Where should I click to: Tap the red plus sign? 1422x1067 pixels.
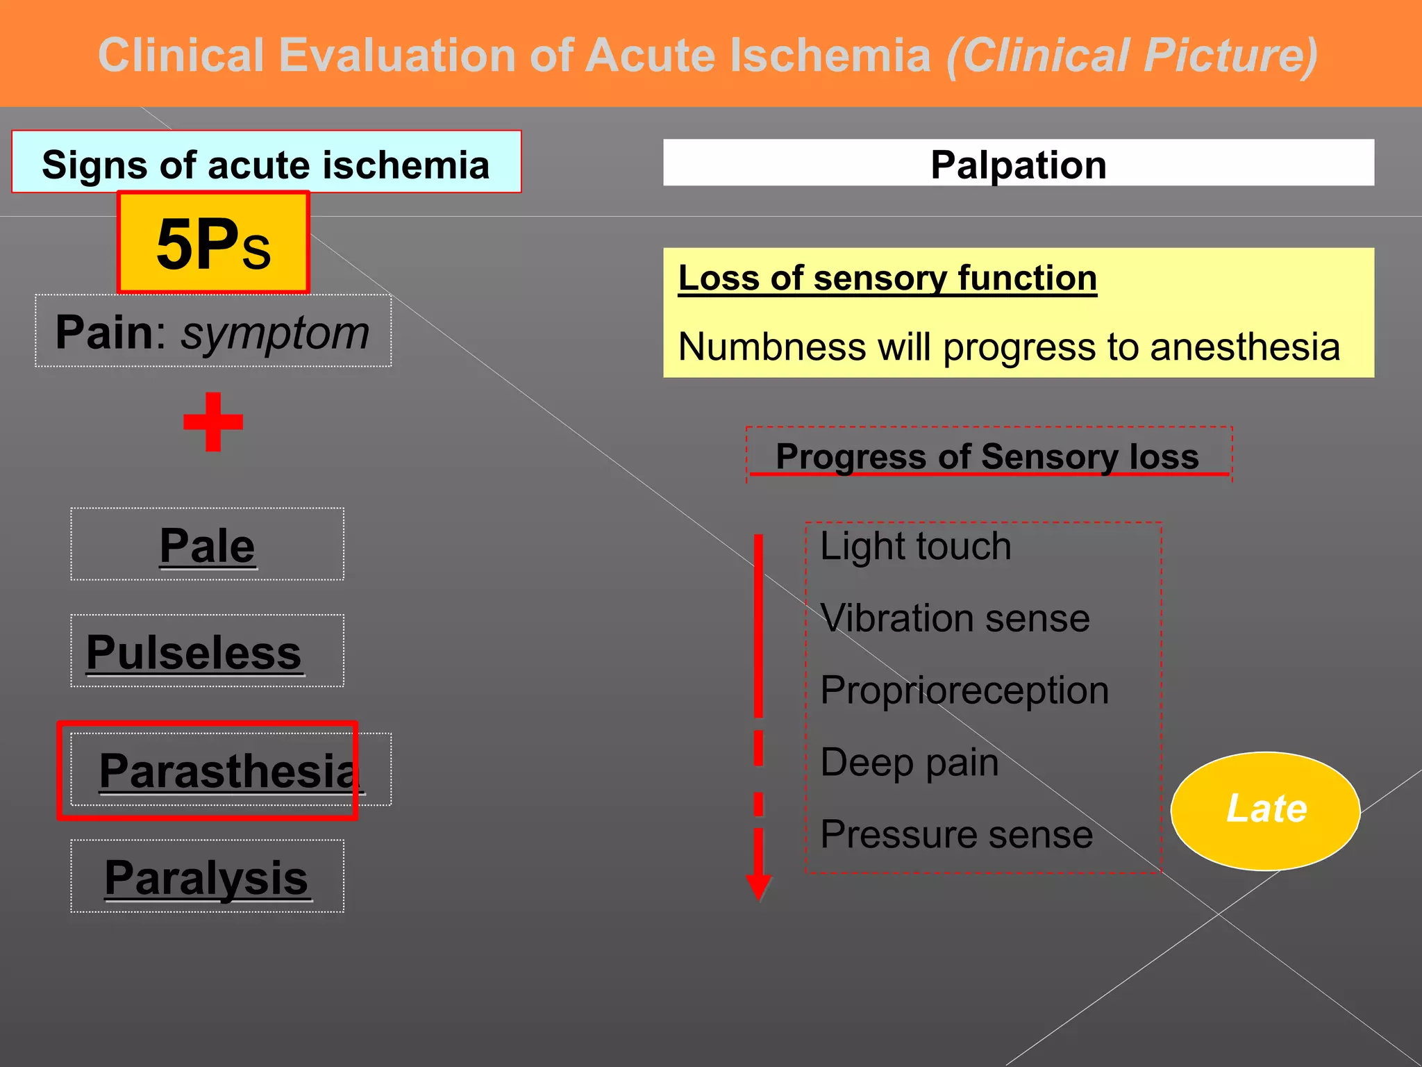coord(213,422)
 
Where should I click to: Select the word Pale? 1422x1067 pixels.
coord(207,546)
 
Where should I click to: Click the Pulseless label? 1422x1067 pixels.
coord(194,653)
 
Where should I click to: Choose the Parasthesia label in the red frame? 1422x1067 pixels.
coord(228,771)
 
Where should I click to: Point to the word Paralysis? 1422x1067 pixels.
coord(206,878)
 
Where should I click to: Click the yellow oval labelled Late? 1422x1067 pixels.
coord(1265,810)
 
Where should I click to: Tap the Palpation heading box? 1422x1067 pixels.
coord(1018,164)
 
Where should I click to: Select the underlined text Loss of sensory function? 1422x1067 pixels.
coord(887,279)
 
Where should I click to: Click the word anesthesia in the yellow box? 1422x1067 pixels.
coord(1244,347)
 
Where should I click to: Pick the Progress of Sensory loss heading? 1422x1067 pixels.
coord(987,456)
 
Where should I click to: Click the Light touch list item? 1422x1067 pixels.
coord(915,546)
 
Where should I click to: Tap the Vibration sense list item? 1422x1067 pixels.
coord(954,618)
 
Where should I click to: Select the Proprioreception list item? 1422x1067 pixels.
coord(964,690)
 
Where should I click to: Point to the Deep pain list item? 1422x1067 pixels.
coord(909,763)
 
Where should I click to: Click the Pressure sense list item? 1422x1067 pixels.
coord(956,835)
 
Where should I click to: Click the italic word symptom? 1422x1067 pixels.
coord(275,333)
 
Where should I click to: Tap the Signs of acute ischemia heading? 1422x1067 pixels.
coord(266,165)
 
